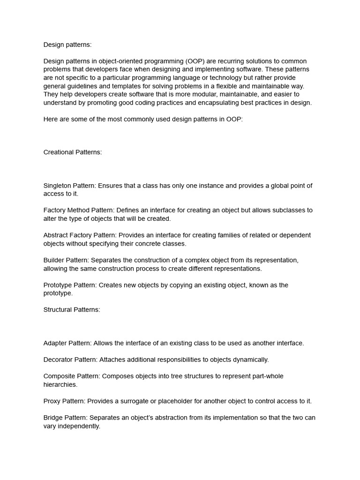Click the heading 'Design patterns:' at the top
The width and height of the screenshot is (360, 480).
67,45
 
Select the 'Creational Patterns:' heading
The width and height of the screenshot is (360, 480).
73,152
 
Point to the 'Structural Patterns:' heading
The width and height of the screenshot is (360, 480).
72,310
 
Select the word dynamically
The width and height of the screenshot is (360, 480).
252,360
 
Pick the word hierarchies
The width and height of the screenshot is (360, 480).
60,384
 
